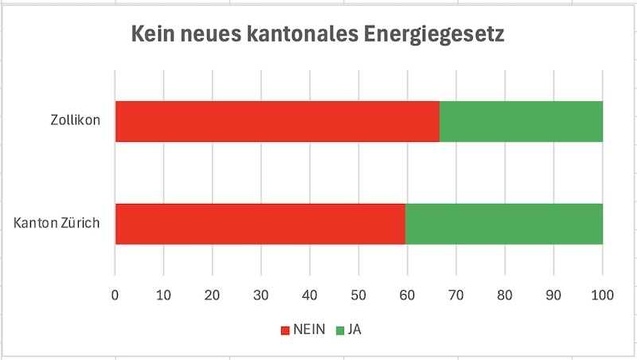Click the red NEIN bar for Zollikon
coord(277,122)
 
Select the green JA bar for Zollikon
coord(521,122)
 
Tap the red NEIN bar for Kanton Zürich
coord(260,224)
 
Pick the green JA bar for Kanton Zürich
coord(504,224)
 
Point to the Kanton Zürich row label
coord(57,223)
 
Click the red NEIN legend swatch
coord(286,329)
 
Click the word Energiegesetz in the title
coord(433,36)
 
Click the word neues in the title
coord(209,36)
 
